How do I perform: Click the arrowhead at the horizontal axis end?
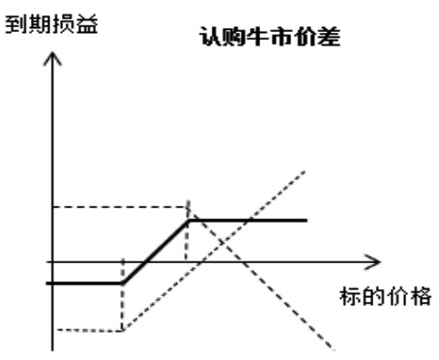pos(376,261)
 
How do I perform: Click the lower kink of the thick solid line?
pos(123,283)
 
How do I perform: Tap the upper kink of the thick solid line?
pos(189,221)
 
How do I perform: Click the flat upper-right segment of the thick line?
pos(251,221)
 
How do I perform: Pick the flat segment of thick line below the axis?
pos(85,283)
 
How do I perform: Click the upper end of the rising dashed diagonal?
pos(307,170)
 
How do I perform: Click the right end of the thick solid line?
pos(306,221)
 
